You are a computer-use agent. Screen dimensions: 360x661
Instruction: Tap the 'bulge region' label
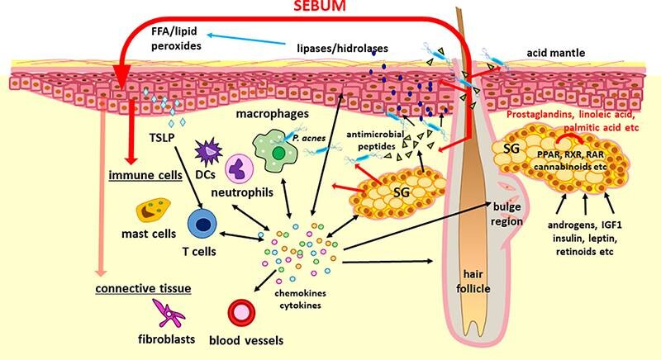click(x=506, y=211)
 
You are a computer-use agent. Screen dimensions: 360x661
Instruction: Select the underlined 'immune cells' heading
click(x=150, y=178)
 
